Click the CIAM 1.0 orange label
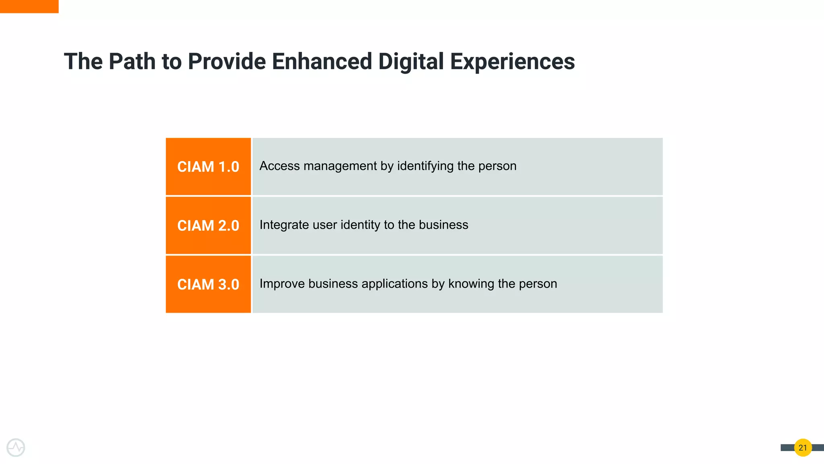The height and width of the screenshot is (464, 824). [208, 167]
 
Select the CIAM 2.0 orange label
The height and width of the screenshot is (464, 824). [208, 226]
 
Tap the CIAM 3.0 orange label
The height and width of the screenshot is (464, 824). [208, 284]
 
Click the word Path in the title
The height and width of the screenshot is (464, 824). [132, 62]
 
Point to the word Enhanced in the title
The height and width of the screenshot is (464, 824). [321, 62]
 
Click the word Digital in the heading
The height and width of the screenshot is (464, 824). [411, 62]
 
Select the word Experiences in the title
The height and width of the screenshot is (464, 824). [512, 62]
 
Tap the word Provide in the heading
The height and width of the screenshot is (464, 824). [227, 62]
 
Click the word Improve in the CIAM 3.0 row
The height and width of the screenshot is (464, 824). [282, 284]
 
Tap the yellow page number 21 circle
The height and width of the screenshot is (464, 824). [803, 447]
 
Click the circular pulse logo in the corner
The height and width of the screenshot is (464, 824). [16, 447]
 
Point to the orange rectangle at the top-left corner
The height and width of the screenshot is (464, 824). [29, 6]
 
